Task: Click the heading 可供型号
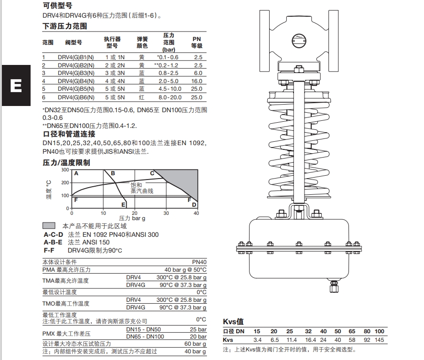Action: pyautogui.click(x=58, y=6)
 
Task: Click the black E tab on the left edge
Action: pyautogui.click(x=15, y=86)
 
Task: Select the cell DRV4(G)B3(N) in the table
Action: pyautogui.click(x=76, y=73)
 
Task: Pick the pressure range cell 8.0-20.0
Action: pyautogui.click(x=170, y=97)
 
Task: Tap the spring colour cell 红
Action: pyautogui.click(x=141, y=97)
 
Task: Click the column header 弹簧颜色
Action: pyautogui.click(x=142, y=42)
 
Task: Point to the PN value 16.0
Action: pyautogui.click(x=197, y=81)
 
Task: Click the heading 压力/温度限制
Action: pyautogui.click(x=66, y=163)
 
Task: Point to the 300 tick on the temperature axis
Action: pyautogui.click(x=65, y=170)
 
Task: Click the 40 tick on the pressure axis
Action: pyautogui.click(x=196, y=213)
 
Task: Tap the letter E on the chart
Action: pyautogui.click(x=123, y=205)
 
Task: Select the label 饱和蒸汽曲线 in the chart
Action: pyautogui.click(x=142, y=188)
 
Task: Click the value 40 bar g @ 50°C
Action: pyautogui.click(x=185, y=270)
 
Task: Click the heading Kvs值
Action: pyautogui.click(x=233, y=321)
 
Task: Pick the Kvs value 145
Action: pyautogui.click(x=380, y=340)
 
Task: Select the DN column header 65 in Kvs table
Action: pyautogui.click(x=352, y=331)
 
